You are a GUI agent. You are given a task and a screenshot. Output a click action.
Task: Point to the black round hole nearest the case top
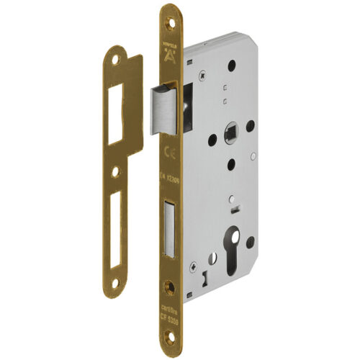click(x=233, y=65)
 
